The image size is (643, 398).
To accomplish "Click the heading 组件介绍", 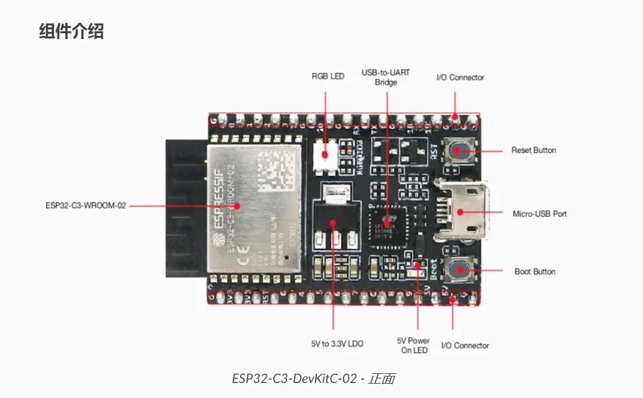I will tap(72, 31).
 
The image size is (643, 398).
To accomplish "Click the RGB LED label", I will tap(328, 77).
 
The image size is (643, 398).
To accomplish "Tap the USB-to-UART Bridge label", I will tap(386, 78).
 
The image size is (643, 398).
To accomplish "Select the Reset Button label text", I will tap(534, 150).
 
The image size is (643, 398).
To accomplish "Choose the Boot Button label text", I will tap(535, 272).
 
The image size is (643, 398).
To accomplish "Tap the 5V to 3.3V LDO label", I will tap(333, 343).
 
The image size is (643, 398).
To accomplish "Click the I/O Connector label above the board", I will tap(460, 78).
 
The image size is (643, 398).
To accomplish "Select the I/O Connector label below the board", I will tap(465, 345).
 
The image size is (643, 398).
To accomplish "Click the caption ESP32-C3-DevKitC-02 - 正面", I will tap(313, 378).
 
